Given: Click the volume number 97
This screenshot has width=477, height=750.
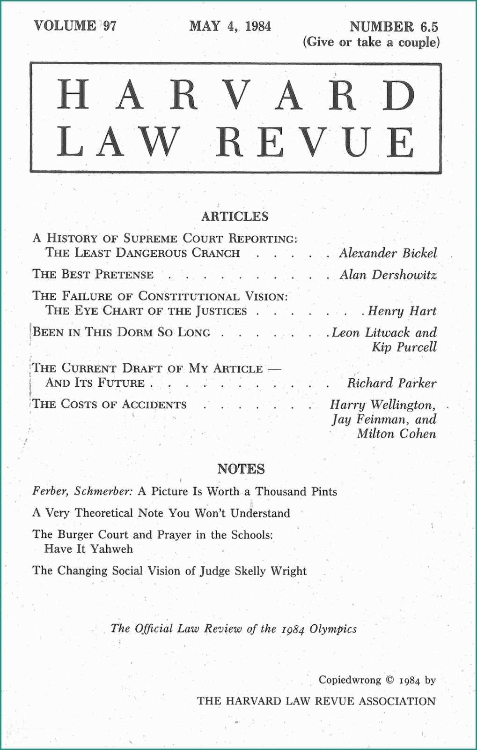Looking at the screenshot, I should pyautogui.click(x=110, y=25).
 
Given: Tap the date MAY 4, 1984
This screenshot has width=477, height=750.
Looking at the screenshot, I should pyautogui.click(x=230, y=26).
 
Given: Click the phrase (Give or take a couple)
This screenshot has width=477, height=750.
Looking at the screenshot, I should pyautogui.click(x=371, y=42).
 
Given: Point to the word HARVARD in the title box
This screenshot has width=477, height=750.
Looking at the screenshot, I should pyautogui.click(x=236, y=95).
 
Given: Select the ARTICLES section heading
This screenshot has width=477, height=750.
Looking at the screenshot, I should pyautogui.click(x=235, y=217).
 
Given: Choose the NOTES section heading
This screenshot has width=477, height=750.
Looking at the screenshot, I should pyautogui.click(x=241, y=469).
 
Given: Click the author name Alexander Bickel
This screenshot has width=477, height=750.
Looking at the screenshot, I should pyautogui.click(x=388, y=253).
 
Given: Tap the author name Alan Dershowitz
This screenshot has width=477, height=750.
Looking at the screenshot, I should pyautogui.click(x=388, y=275).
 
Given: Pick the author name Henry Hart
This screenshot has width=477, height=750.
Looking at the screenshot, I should pyautogui.click(x=402, y=311).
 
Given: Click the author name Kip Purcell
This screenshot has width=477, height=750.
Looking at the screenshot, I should pyautogui.click(x=404, y=347).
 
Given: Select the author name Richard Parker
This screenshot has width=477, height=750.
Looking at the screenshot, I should pyautogui.click(x=391, y=383).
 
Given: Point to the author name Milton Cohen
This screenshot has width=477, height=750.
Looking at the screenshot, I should pyautogui.click(x=396, y=434).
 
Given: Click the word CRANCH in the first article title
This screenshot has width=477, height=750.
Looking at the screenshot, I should pyautogui.click(x=216, y=253).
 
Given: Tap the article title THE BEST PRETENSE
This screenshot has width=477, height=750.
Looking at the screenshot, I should pyautogui.click(x=93, y=275).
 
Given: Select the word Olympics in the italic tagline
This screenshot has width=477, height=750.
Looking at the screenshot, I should pyautogui.click(x=333, y=629).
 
